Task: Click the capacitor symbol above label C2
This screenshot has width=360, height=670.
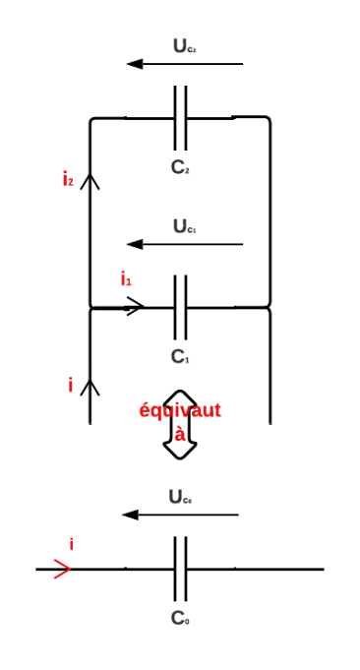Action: tap(180, 118)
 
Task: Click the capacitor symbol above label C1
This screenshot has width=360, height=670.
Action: tap(180, 307)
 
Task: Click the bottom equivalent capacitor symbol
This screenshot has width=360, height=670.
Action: tap(180, 569)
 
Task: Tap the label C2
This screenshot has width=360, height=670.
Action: tap(180, 168)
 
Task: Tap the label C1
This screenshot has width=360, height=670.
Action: tap(180, 357)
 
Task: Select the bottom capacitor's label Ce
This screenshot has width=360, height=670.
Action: tap(180, 619)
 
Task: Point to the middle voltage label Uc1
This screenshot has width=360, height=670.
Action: tap(184, 225)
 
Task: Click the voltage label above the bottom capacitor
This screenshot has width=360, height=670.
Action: tap(180, 496)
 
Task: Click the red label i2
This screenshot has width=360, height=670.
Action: tap(67, 178)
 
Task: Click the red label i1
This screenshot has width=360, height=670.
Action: tap(126, 279)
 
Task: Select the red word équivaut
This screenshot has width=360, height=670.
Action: tap(179, 410)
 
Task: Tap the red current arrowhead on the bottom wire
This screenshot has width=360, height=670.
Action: tap(62, 569)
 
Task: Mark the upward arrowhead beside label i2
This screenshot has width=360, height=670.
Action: tap(90, 180)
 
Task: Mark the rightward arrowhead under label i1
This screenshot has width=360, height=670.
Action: tap(136, 307)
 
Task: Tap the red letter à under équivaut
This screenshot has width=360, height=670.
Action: tap(179, 433)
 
